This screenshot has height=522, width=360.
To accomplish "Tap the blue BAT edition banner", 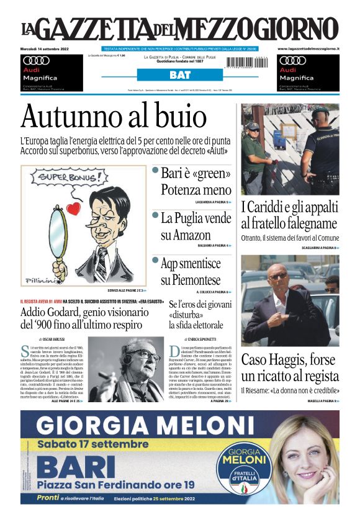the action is (179, 75).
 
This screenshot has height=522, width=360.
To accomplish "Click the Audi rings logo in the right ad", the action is (292, 61).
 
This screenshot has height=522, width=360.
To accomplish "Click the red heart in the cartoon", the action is (73, 209).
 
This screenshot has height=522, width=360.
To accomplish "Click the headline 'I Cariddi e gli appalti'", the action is (289, 215).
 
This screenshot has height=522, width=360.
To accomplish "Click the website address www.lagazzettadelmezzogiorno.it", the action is (308, 48).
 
